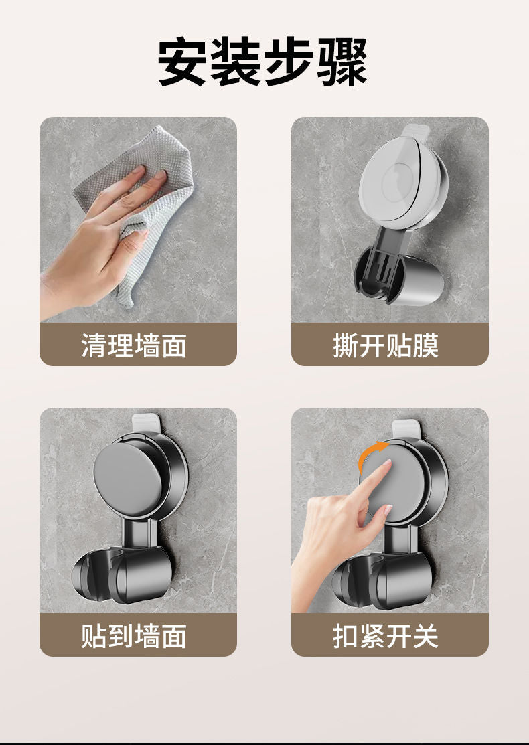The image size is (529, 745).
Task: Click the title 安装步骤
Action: [263, 63]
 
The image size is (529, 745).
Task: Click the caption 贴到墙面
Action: [134, 636]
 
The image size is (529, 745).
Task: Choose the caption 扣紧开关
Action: [386, 636]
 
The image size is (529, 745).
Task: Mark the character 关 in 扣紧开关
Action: [425, 636]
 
